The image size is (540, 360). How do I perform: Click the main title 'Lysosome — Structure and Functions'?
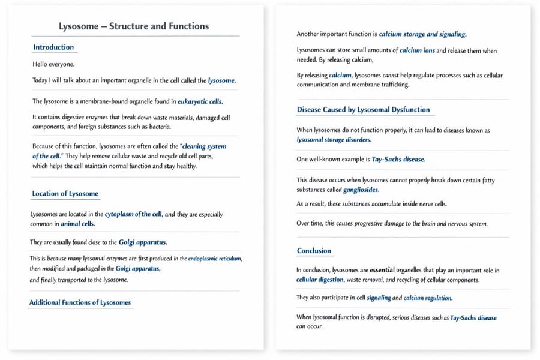(x=134, y=26)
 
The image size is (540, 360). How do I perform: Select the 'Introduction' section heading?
(x=53, y=47)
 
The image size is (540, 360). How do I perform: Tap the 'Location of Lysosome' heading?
(x=65, y=194)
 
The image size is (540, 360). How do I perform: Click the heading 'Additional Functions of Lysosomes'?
(x=80, y=302)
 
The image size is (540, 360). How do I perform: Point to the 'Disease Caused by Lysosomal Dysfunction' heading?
(x=363, y=110)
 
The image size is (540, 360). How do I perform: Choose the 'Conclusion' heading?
(x=314, y=251)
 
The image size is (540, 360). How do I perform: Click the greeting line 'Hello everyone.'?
(x=53, y=64)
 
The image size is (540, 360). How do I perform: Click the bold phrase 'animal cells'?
(x=78, y=224)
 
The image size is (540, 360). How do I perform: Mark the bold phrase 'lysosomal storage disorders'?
(x=334, y=140)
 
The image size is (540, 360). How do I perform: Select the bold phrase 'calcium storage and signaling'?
(x=422, y=34)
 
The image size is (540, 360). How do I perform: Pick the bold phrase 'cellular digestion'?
(x=320, y=280)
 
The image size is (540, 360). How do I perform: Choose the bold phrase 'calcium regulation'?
(x=428, y=298)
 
